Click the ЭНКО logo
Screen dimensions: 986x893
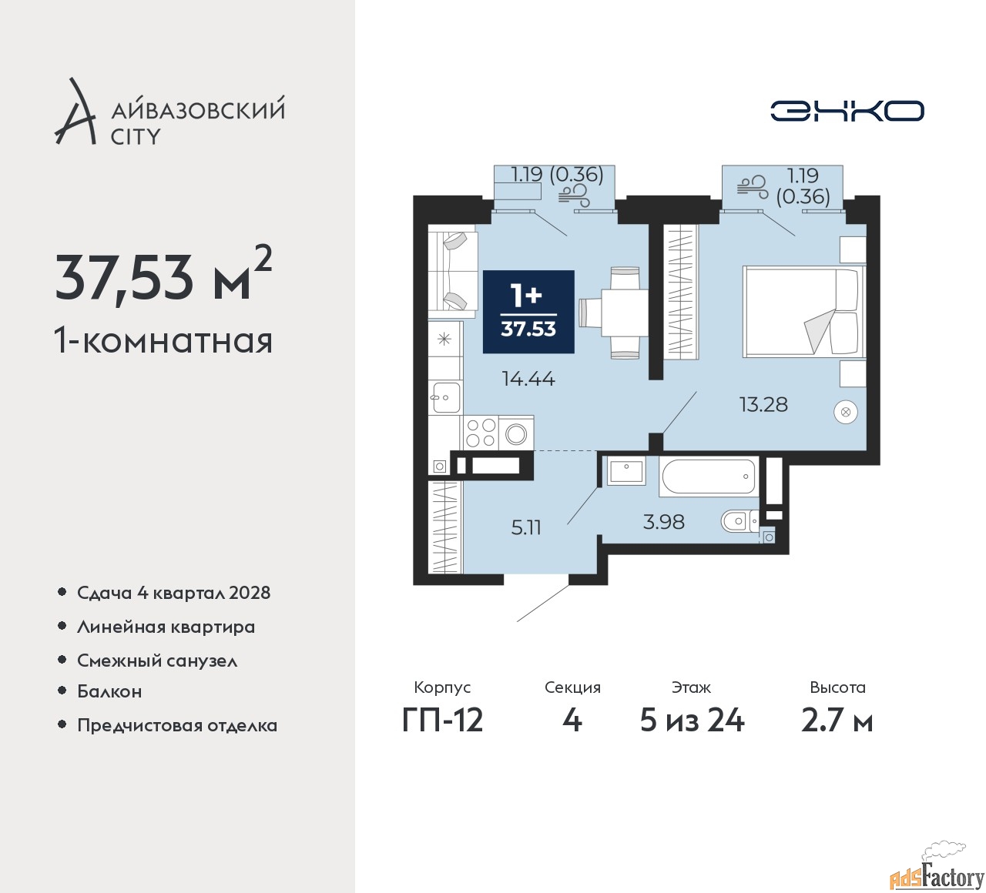coord(847,111)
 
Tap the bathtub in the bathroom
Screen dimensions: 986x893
coord(709,476)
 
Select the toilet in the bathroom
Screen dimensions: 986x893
coord(739,520)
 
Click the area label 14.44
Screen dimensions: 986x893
coord(528,379)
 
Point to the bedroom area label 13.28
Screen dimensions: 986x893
coord(763,405)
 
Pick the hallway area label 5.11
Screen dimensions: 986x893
coord(526,528)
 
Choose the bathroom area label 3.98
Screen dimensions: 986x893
coord(663,522)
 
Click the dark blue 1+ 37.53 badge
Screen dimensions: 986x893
coord(528,312)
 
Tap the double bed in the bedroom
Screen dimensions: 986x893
coord(804,311)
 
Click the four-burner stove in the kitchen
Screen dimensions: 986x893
coord(480,432)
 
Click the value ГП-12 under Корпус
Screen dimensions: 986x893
coord(442,721)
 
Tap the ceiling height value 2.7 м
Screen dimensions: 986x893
coord(837,721)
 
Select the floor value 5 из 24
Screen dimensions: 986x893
coord(692,721)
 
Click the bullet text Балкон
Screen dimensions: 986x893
coord(109,691)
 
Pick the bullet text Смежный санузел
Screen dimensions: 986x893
coord(157,661)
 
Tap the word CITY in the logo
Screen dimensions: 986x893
coord(136,136)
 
